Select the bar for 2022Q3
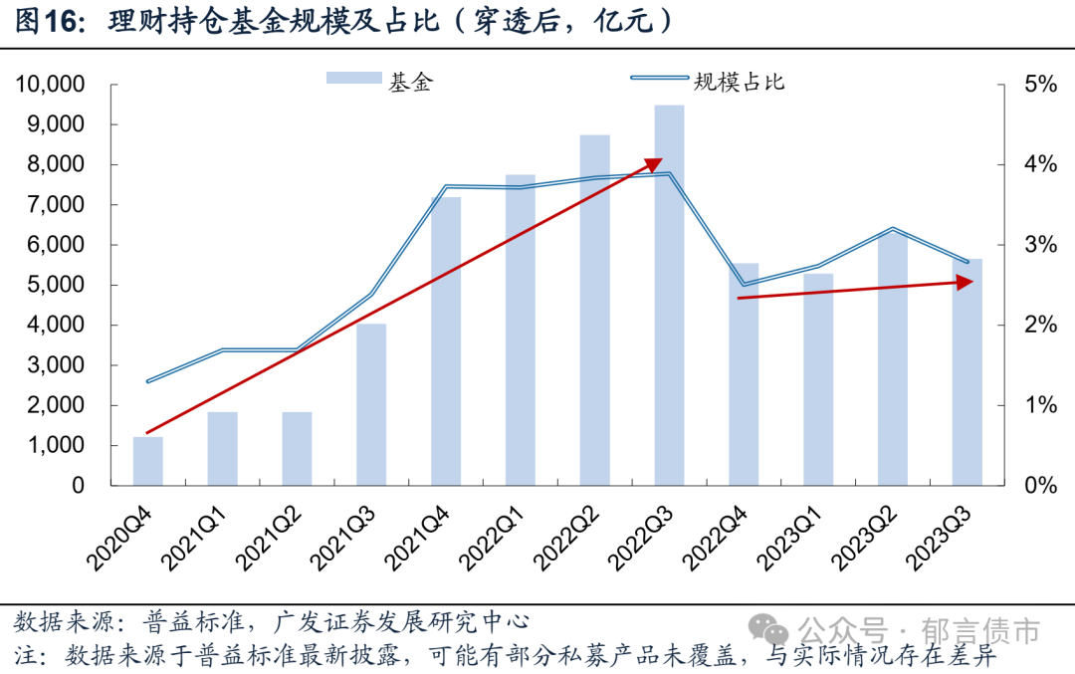(x=669, y=299)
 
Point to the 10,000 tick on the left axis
(x=49, y=85)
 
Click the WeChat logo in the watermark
(x=769, y=630)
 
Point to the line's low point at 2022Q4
(x=744, y=286)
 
